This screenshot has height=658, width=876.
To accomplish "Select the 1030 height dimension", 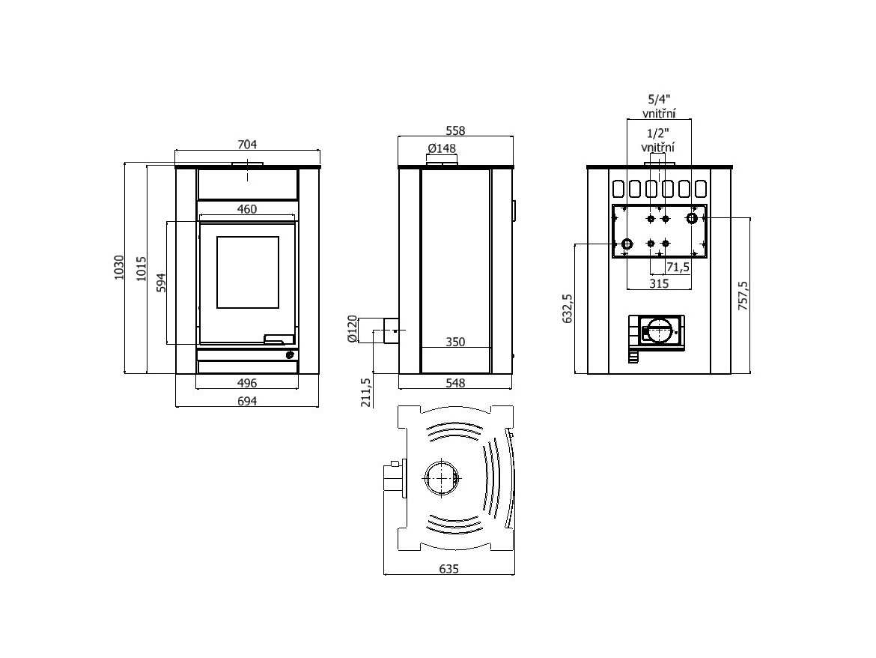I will pos(118,268).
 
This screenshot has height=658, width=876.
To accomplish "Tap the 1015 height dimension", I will pos(141,268).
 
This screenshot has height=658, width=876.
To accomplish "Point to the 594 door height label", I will pos(160,283).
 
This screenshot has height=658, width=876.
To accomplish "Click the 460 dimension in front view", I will pos(247,210).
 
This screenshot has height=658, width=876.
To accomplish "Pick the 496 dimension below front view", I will pos(247,383).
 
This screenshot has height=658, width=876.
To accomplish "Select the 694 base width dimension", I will pos(247,401).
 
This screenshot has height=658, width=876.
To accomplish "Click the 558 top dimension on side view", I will pos(455,130).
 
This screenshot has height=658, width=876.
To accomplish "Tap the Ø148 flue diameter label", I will pos(442,148).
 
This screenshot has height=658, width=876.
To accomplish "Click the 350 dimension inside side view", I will pos(455,342).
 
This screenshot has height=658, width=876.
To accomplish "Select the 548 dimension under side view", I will pos(455,383).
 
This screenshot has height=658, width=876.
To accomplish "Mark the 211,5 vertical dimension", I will pos(366,391).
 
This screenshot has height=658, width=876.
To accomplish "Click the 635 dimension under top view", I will pos(448,569).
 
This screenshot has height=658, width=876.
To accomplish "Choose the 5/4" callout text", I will pos(659,99).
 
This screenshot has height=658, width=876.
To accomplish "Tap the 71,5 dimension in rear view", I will pos(678,267).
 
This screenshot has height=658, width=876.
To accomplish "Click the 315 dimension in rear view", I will pos(658,283).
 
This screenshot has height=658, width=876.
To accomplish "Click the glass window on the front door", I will pos(248,272).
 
